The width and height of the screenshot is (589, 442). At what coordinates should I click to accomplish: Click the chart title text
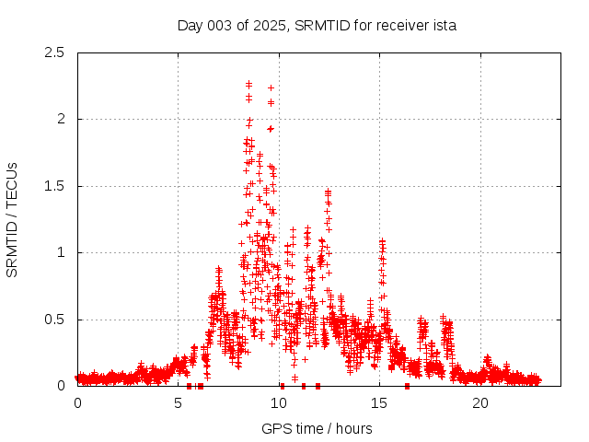317,25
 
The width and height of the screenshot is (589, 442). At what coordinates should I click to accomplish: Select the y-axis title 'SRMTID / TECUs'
12,219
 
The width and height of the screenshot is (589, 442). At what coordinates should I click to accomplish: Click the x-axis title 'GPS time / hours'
317,428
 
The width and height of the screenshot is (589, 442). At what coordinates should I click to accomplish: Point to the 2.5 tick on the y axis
55,52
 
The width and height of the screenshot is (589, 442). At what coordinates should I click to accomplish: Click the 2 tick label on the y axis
62,119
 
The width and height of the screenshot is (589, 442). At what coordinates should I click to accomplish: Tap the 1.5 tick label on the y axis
55,186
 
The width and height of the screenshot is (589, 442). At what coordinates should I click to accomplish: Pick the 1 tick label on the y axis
62,252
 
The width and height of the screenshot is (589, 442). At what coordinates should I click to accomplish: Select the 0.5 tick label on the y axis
55,320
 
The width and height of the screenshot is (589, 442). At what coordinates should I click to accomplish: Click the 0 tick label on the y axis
62,386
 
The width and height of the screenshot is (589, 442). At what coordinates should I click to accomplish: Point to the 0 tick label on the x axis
77,403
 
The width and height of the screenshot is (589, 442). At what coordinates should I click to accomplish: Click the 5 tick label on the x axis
179,403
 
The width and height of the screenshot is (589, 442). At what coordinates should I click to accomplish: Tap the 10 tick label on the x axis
279,403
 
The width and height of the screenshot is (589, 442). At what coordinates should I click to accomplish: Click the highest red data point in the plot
248,83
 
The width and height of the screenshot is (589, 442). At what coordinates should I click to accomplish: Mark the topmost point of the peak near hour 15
382,241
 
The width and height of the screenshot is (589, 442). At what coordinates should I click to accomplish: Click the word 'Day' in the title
190,25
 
